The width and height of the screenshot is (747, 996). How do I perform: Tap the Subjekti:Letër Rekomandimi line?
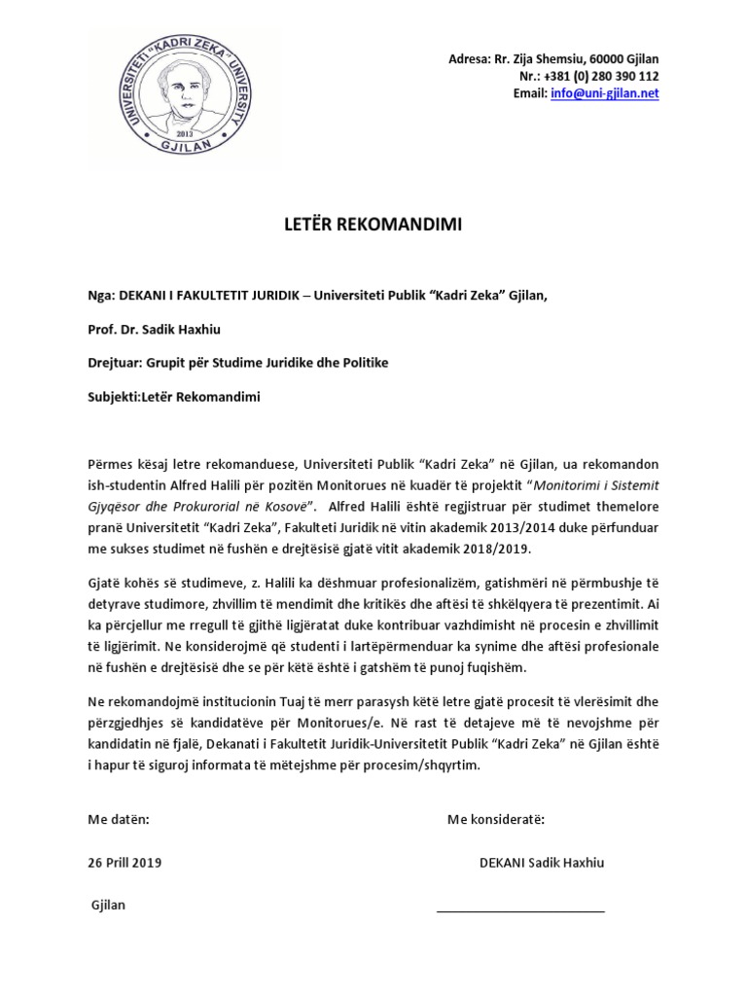[175, 397]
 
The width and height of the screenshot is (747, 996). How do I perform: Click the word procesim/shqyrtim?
[432, 765]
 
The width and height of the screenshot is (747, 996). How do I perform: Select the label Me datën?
[120, 819]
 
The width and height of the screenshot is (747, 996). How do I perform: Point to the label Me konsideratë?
[496, 819]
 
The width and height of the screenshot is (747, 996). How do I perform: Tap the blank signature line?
[520, 911]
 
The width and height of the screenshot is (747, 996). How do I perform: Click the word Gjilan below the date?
[108, 905]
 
